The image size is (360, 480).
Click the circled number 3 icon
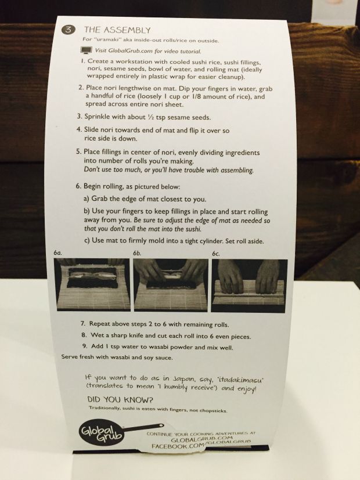(68, 30)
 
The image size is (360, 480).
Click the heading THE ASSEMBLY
(117, 30)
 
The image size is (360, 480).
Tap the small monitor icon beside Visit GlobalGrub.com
(87, 50)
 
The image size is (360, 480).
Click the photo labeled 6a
(92, 284)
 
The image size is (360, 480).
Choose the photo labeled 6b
(171, 285)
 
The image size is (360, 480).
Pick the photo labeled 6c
(250, 286)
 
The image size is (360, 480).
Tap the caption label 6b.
(137, 253)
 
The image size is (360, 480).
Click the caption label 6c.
(215, 254)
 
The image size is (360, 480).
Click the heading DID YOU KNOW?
(120, 399)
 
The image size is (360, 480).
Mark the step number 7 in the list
(82, 323)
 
